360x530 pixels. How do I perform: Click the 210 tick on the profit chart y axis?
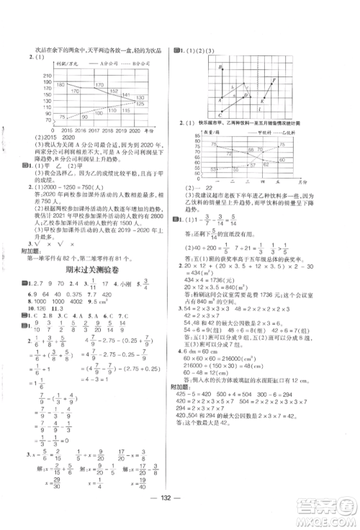pos(47,76)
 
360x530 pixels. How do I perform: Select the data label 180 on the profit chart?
pos(62,85)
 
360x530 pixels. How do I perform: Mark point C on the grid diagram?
pos(218,114)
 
